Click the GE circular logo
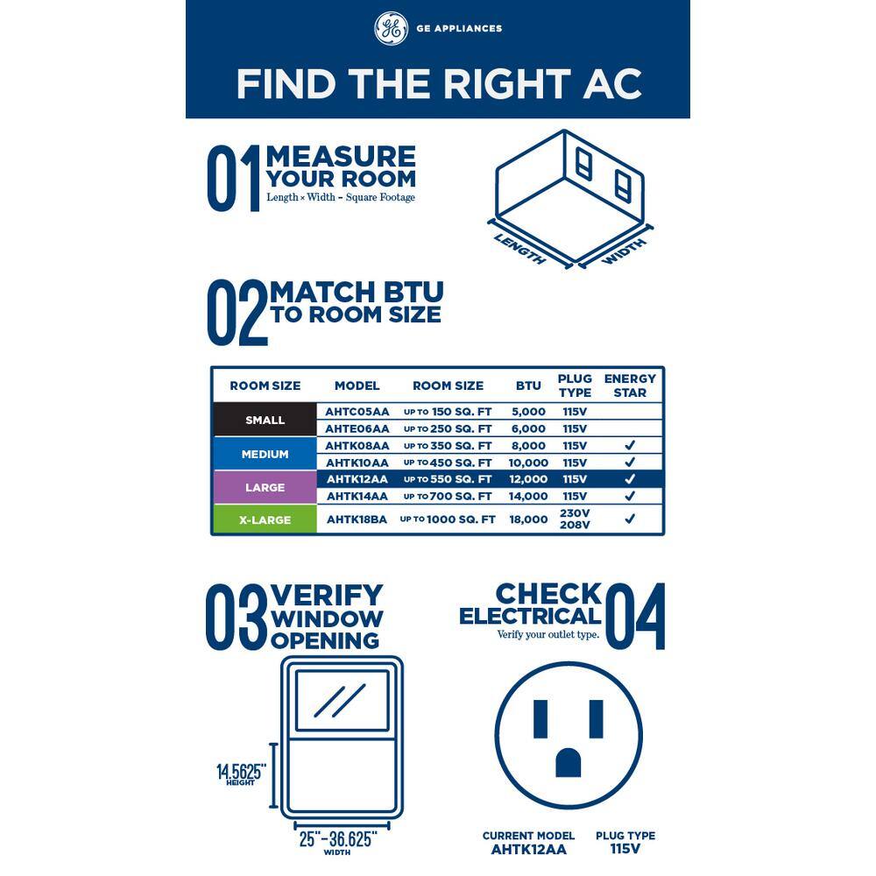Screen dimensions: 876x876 pos(391,28)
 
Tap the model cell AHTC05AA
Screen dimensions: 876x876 pos(357,412)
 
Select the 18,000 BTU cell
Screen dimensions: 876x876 pos(528,519)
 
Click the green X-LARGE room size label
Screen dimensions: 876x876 pos(265,519)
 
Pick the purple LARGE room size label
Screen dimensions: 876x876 pos(265,487)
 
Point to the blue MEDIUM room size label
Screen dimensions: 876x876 pos(265,454)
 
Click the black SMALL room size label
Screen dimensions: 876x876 pos(265,420)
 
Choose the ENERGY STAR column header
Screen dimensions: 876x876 pos(630,385)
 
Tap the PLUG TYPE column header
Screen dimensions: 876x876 pos(575,385)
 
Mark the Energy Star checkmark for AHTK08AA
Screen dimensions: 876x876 pos(630,445)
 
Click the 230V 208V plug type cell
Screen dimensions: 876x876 pos(575,519)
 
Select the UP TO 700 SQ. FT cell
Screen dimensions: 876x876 pos(448,496)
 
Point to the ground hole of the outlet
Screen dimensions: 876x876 pos(569,763)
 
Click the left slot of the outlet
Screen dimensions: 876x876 pos(540,719)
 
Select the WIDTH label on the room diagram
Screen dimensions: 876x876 pos(624,251)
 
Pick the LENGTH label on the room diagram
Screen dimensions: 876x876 pos(520,249)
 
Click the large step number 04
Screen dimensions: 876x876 pos(635,616)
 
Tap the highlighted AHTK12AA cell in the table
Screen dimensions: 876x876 pos(357,479)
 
